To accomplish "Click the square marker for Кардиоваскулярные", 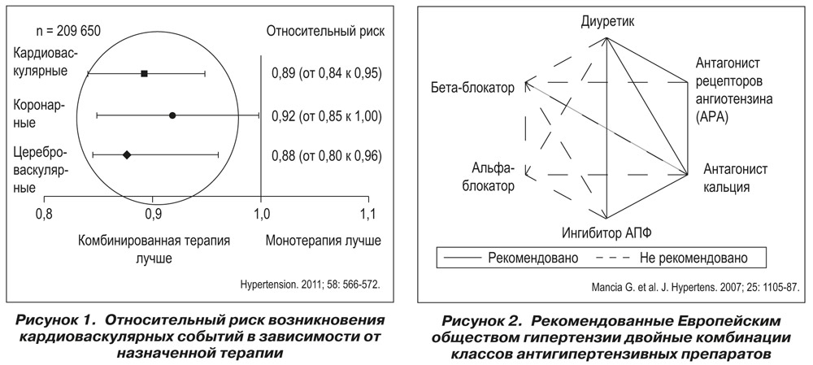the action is tap(144, 74).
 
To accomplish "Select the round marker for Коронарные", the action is tap(172, 115).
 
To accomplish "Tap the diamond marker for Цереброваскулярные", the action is tap(127, 154).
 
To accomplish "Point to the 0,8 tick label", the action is tap(45, 214).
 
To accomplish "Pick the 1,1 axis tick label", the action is tap(368, 214).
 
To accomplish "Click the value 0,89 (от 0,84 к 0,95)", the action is tap(327, 74).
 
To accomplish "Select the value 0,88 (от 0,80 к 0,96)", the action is tap(327, 155).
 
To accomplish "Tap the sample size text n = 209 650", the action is tap(68, 31).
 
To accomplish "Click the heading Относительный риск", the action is tap(326, 31).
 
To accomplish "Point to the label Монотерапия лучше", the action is tap(324, 241).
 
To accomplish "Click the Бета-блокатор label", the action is tap(472, 88).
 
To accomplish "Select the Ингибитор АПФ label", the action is tap(606, 233).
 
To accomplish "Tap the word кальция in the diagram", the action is tap(726, 187).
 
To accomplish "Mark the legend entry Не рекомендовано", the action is tap(693, 258).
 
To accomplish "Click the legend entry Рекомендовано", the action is tap(533, 258).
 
